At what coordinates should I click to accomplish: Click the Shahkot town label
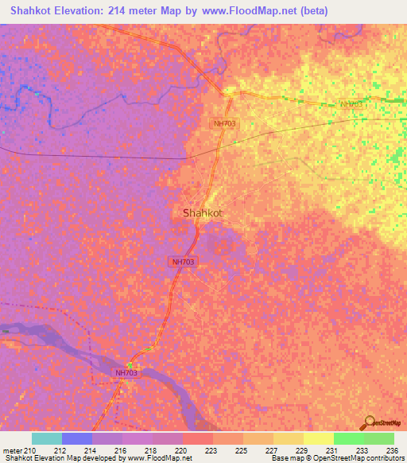click(x=202, y=213)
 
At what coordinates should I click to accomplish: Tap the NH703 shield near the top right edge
click(x=351, y=104)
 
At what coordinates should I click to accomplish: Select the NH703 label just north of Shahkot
click(x=225, y=123)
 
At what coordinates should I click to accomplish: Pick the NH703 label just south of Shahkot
click(x=182, y=261)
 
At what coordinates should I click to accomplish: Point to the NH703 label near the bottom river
click(x=126, y=373)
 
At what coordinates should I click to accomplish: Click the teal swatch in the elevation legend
click(x=47, y=438)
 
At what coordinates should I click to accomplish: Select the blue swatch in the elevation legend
click(x=77, y=438)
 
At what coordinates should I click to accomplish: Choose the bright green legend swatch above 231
click(x=349, y=438)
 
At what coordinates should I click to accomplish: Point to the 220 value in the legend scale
click(x=182, y=451)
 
